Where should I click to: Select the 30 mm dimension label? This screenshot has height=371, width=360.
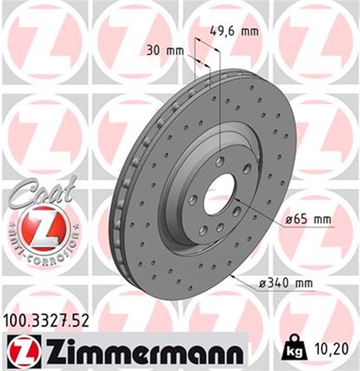click(162, 50)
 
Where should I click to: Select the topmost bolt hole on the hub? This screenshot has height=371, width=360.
click(221, 161)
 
